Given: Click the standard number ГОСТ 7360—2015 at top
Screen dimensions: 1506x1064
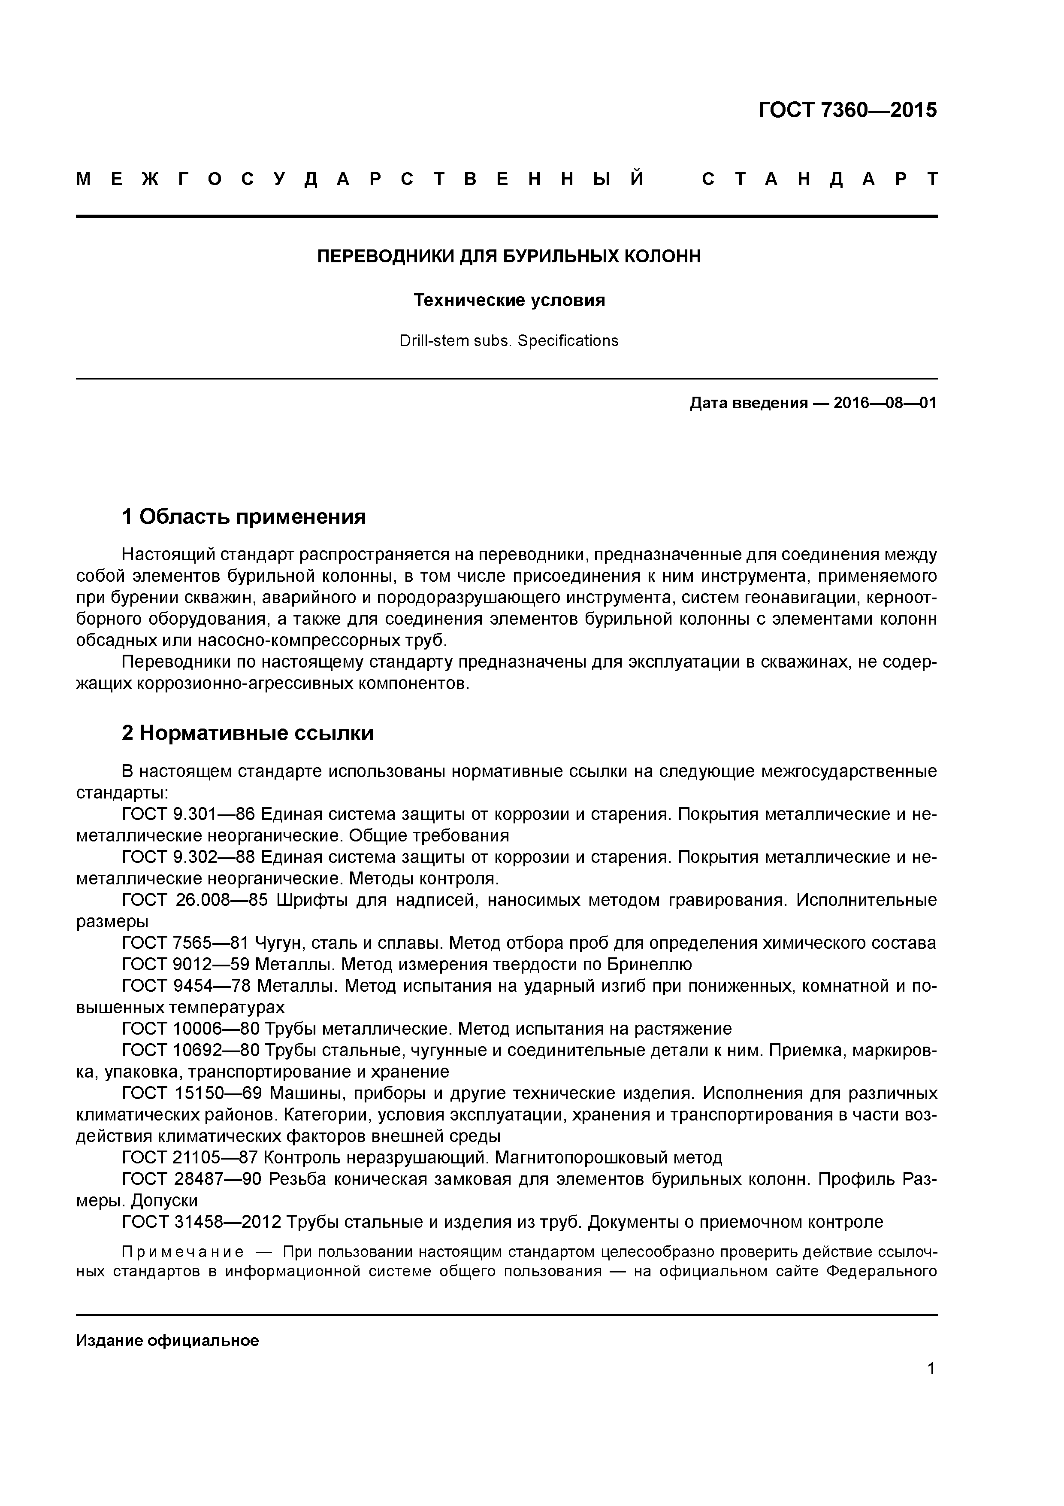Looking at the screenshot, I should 847,110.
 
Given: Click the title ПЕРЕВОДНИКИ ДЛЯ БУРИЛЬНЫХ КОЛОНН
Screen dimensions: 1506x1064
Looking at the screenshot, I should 509,256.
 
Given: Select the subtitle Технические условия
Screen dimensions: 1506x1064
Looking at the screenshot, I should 509,301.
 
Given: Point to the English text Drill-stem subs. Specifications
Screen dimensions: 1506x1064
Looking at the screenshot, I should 509,341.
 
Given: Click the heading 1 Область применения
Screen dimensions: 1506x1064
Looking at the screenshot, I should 243,517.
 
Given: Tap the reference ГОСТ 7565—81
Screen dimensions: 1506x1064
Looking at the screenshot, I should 185,943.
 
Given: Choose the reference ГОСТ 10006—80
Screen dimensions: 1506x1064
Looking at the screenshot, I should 191,1029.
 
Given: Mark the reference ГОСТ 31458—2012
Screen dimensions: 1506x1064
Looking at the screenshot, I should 201,1221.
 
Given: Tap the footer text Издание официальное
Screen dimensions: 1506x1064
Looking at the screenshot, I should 167,1340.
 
